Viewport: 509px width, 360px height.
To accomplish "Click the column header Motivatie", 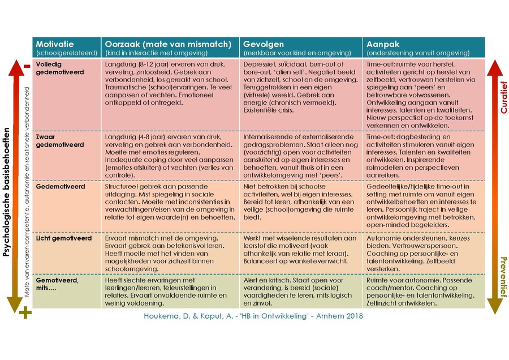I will point(55,44).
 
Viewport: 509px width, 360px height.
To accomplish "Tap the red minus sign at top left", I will point(26,67).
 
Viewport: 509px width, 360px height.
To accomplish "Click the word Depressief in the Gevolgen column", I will point(261,65).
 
